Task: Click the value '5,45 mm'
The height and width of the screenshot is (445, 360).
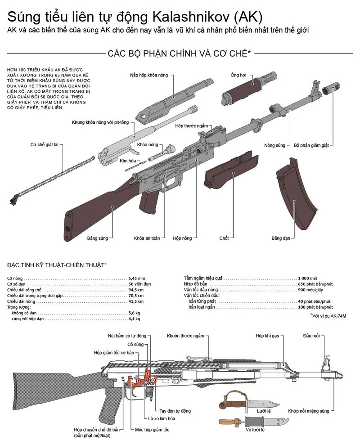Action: coord(137,279)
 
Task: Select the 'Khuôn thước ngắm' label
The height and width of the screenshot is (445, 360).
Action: coord(185,336)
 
